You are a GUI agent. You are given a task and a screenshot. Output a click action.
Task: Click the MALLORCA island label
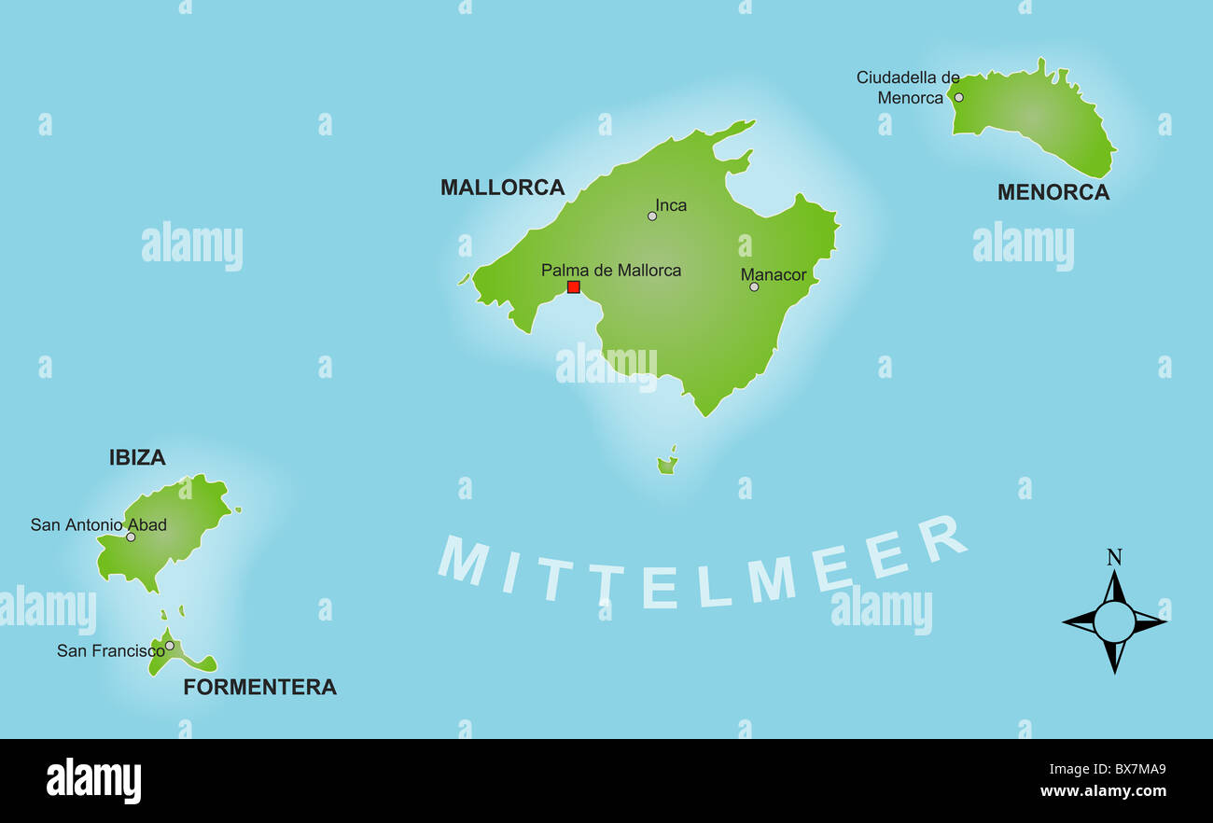pos(502,188)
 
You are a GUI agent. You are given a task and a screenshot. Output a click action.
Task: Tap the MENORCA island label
pos(1053,192)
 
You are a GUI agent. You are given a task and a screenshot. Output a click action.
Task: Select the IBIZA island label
pos(137,457)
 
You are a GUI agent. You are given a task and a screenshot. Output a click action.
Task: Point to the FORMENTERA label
pos(259,688)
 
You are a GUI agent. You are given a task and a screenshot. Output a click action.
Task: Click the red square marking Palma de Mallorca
pos(574,287)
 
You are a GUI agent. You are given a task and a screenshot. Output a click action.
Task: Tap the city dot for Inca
pos(652,216)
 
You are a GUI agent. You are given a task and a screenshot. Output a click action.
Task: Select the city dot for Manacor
pos(754,286)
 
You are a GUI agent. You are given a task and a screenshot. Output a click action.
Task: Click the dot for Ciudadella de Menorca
pos(958,97)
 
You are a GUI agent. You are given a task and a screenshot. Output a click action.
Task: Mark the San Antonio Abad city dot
pos(131,537)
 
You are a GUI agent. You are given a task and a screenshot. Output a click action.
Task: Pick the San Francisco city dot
pos(170,645)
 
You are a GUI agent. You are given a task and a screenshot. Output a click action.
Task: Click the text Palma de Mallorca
pos(611,271)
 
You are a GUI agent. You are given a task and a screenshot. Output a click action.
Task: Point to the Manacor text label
pos(774,274)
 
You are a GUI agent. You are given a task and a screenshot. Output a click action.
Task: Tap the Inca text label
pos(671,205)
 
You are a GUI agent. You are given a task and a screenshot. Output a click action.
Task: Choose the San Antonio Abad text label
pos(98,524)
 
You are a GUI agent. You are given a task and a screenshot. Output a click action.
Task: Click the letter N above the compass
pos(1114,558)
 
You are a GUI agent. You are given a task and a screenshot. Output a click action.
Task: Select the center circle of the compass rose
pos(1114,621)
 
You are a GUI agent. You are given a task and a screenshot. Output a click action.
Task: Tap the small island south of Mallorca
pos(667,464)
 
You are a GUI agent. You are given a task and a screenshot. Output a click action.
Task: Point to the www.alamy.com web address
pos(1103,791)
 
